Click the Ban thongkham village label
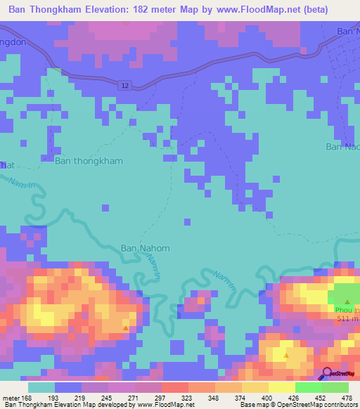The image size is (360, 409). pyautogui.click(x=89, y=161)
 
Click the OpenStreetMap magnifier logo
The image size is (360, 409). pyautogui.click(x=326, y=374)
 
